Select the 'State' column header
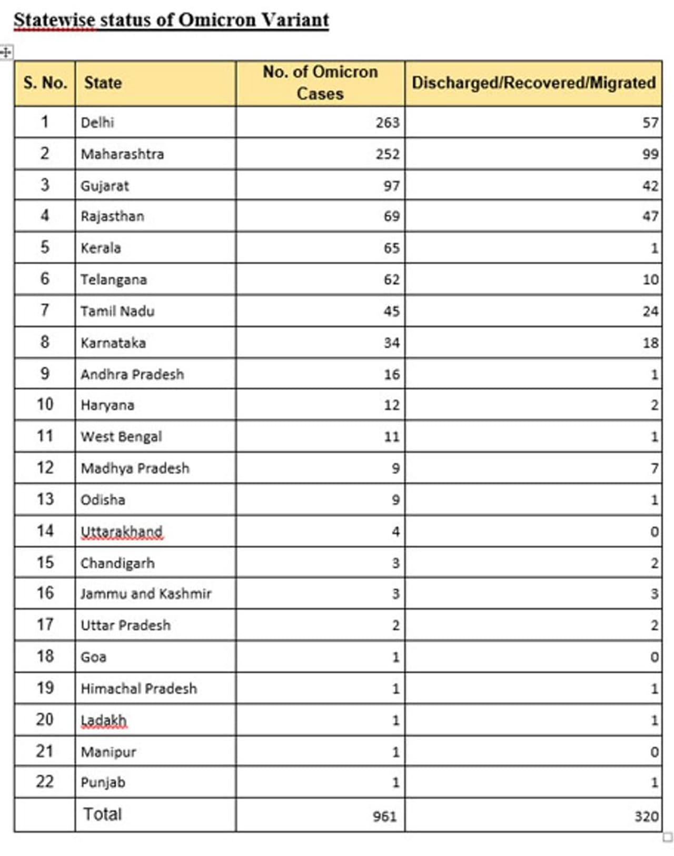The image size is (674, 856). pos(103,83)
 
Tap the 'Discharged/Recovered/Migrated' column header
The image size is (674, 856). pos(533,83)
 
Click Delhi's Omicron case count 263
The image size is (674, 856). pos(388,123)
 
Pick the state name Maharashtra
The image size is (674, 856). pos(122,154)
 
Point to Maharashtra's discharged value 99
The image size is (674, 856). pos(650,154)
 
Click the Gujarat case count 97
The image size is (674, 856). pos(391,186)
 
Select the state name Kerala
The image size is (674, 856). pos(101,248)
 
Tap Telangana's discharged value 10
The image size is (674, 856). pos(650,280)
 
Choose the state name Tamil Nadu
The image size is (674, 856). pos(117,311)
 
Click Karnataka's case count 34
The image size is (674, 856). pos(391,343)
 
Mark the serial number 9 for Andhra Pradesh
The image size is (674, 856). pos(45,374)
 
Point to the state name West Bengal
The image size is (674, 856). pos(121,436)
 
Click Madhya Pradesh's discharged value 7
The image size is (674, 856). pos(654,468)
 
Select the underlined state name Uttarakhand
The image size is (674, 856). pos(122,531)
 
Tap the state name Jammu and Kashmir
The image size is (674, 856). pos(146,594)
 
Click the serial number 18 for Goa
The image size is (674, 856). pos(45,656)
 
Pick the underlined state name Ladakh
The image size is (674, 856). pos(104,720)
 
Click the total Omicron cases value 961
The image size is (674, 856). pos(384,816)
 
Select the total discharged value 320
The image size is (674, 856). pos(646,816)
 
